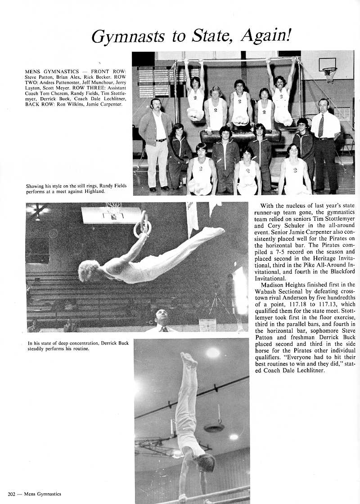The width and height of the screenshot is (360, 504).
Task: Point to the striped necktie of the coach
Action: coord(321,126)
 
